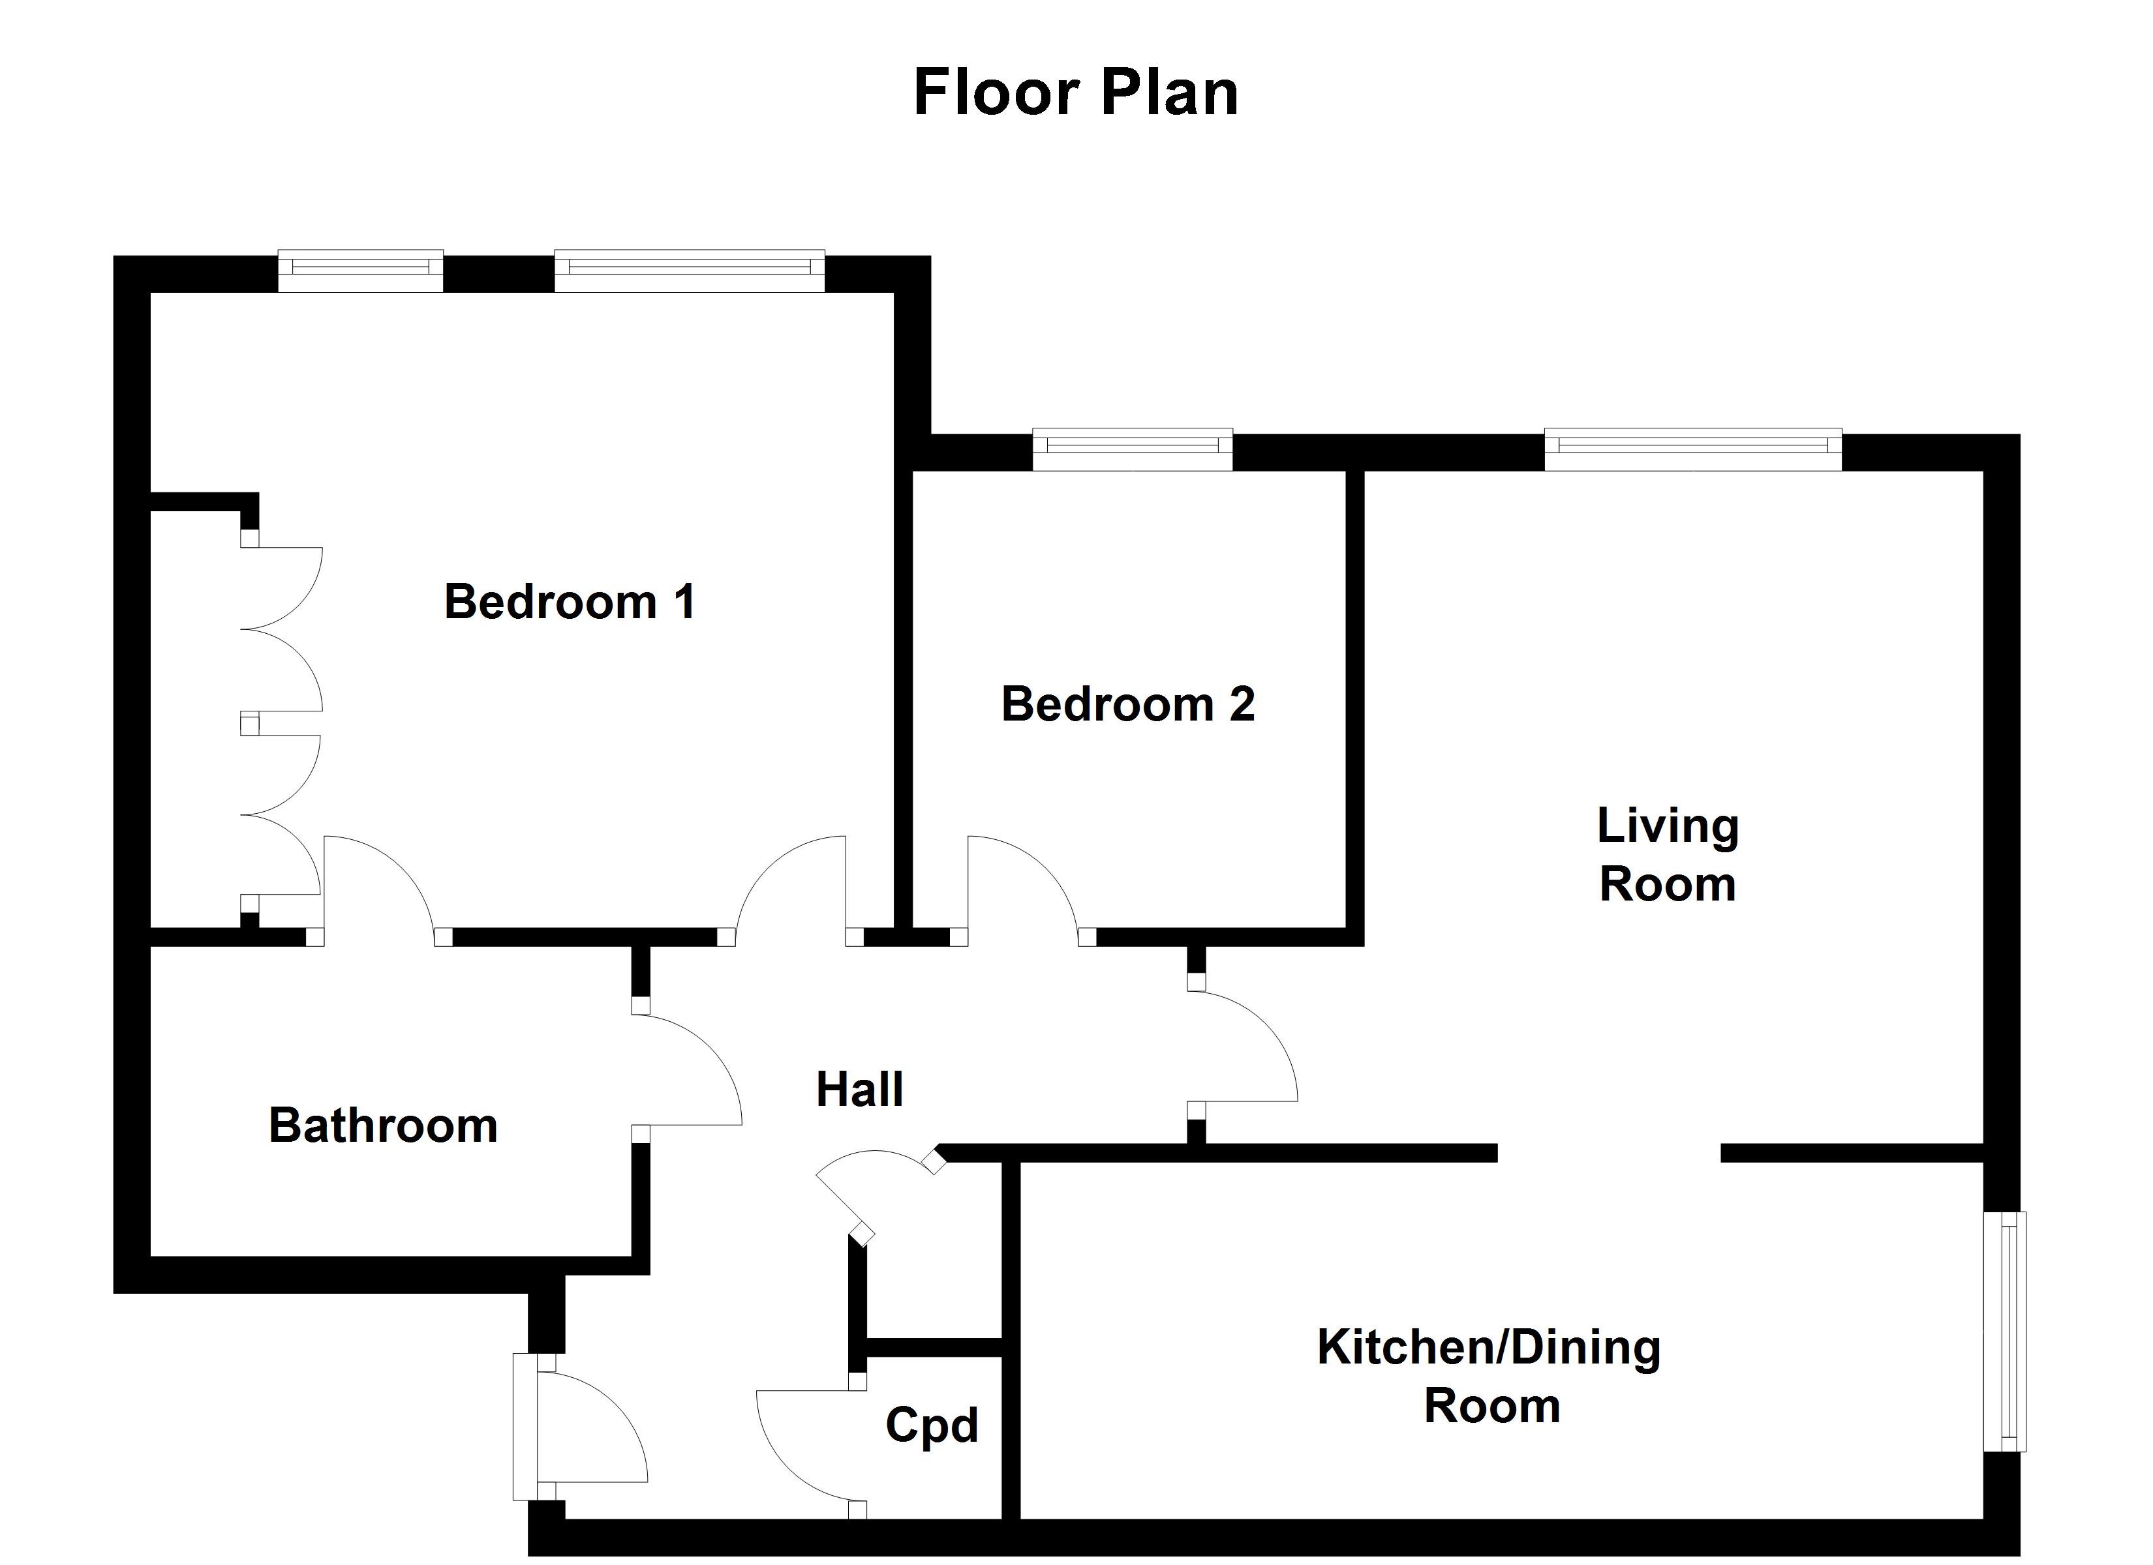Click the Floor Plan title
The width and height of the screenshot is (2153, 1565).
1076,93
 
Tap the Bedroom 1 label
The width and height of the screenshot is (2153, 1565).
570,602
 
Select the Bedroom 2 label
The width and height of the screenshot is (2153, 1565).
1128,704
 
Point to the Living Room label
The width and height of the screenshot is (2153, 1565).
1667,854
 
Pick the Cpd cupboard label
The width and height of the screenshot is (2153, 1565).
931,1425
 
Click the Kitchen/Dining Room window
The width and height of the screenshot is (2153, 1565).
2005,1332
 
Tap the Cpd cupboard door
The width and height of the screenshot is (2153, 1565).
807,1448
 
